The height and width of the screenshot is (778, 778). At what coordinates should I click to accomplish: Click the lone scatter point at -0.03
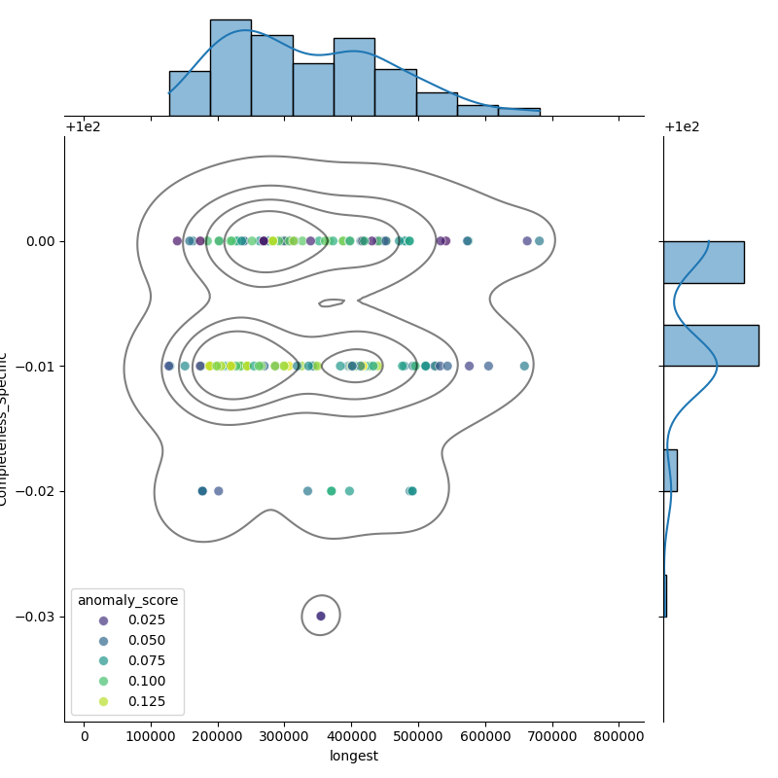pos(321,616)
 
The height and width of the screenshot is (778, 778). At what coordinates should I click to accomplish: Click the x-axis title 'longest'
pos(354,756)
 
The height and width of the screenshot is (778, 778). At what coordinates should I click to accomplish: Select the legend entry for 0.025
pos(145,620)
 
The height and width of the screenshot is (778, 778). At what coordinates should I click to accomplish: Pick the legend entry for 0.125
pos(145,701)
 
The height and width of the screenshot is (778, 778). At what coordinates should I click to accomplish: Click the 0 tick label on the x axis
pos(85,735)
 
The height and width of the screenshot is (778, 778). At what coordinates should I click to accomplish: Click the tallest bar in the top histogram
pos(230,68)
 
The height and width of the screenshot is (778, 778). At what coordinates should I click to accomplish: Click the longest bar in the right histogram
pos(710,345)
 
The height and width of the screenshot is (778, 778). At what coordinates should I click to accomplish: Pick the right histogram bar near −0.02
pos(670,470)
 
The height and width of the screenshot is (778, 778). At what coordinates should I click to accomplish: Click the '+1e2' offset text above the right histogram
pos(682,127)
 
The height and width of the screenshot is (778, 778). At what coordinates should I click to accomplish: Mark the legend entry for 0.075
pos(145,660)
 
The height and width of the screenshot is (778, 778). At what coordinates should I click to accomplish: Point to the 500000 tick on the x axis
pos(419,735)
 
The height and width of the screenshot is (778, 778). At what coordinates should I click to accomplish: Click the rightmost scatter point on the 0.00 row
pos(539,241)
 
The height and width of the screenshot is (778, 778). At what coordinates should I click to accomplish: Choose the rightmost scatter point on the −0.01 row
pos(524,366)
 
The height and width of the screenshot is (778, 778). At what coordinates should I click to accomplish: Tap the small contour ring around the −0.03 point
pos(339,616)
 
